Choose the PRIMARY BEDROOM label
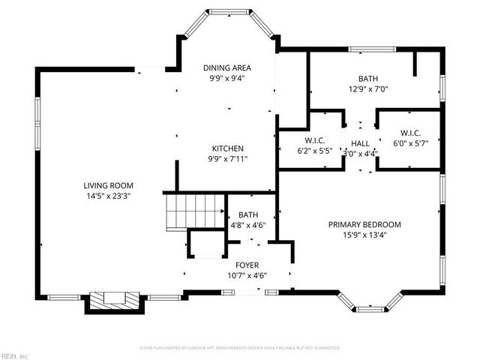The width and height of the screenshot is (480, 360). click(x=364, y=224)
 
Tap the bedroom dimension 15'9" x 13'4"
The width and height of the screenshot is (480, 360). click(x=364, y=235)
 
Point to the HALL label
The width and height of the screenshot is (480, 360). click(x=360, y=143)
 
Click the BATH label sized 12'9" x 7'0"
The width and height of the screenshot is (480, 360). click(x=367, y=77)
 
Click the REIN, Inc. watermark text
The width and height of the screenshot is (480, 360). click(x=14, y=355)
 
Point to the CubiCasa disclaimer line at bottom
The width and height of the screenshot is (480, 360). click(x=240, y=348)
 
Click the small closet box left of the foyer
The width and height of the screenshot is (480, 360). click(x=206, y=244)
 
